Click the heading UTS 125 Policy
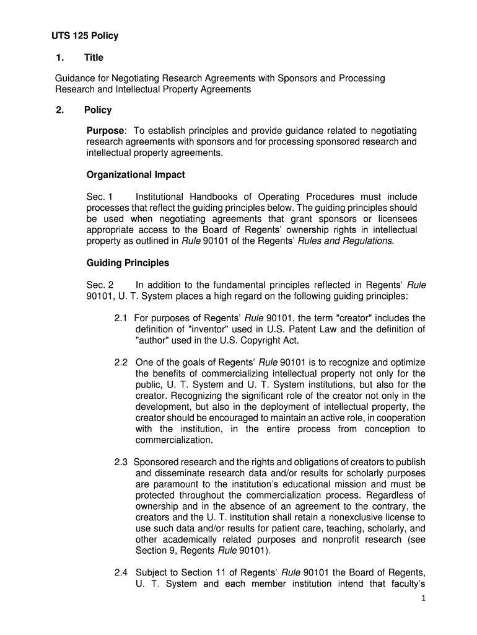click(x=84, y=36)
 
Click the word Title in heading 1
click(x=94, y=58)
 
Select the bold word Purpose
click(x=105, y=131)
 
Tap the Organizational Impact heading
click(x=136, y=174)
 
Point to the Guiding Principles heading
click(x=128, y=263)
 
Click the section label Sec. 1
click(x=99, y=197)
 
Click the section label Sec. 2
click(x=99, y=285)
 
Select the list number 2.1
click(x=121, y=318)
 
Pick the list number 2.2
click(x=121, y=362)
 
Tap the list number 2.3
click(x=121, y=462)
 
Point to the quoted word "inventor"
click(x=207, y=329)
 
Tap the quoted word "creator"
click(x=356, y=318)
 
